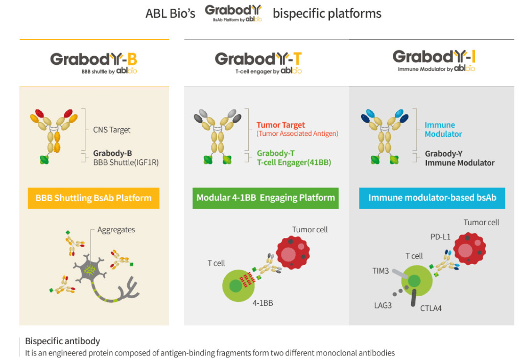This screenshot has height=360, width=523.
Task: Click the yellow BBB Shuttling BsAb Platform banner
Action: tap(93, 198)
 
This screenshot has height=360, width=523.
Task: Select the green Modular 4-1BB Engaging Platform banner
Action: tap(266, 198)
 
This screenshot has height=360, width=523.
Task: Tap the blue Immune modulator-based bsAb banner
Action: tap(432, 198)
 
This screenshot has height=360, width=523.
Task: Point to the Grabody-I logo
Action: tap(434, 59)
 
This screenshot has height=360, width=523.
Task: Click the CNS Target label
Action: tap(111, 130)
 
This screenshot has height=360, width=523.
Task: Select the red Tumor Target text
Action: tap(281, 125)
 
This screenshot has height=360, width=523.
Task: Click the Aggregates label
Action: tap(116, 230)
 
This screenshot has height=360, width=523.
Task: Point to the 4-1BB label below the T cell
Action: tap(263, 303)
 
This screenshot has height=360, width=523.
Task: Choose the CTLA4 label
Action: tap(431, 308)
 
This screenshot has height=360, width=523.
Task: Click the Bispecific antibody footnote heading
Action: tap(62, 341)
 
